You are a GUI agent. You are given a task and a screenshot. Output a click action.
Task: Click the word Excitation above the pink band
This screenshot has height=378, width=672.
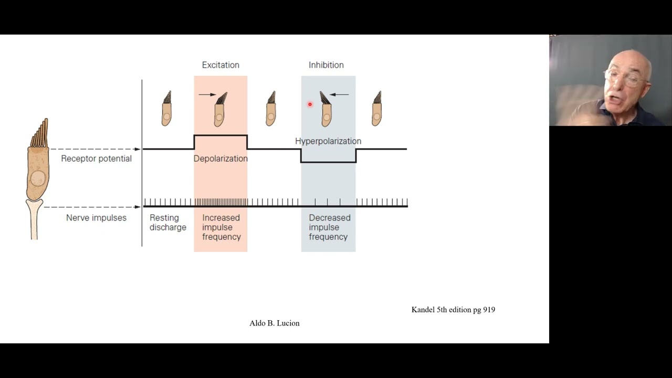coord(220,65)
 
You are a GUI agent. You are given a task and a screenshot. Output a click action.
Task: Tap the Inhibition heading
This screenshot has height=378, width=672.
coord(326,65)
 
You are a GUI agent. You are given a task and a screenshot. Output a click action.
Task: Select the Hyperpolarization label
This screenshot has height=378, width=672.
coord(328,141)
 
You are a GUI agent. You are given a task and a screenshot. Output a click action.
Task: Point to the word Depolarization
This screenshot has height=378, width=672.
coord(220,159)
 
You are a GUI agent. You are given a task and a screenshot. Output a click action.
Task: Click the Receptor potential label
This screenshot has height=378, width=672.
coord(96,159)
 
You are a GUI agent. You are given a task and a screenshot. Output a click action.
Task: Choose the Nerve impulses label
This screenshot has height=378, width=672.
coord(96,217)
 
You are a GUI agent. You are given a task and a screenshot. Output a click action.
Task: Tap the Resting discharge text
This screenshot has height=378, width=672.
coord(167,223)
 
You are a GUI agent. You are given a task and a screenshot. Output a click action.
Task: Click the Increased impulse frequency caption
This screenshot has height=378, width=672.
coord(221,227)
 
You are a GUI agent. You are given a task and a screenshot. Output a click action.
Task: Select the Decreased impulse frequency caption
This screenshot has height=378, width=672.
coord(329,227)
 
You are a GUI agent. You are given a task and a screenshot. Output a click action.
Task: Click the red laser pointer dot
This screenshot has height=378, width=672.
coord(310,104)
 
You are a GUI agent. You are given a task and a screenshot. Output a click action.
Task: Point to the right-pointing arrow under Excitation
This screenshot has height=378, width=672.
coord(207,94)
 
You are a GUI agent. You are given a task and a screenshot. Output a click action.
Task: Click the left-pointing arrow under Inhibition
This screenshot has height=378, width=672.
coord(340,94)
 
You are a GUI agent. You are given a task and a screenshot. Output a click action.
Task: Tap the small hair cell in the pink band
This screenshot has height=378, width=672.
coord(220,110)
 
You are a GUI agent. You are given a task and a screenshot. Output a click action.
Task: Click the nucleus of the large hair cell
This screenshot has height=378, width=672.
coord(37,179)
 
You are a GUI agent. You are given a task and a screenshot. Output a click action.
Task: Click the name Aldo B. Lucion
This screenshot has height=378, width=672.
coord(275,323)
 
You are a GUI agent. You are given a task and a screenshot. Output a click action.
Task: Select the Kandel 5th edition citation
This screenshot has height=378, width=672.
coord(453,310)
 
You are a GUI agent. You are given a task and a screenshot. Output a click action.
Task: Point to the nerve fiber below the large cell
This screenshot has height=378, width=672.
coord(35,220)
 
